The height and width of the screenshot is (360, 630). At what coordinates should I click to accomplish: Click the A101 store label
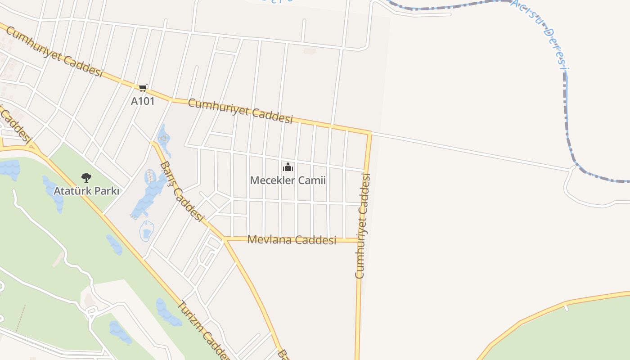(142, 101)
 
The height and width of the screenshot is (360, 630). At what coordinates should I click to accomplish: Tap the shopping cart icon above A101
(143, 88)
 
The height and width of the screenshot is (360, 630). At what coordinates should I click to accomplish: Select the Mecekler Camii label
(288, 180)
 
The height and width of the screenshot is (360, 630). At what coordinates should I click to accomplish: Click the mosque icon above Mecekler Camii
(288, 167)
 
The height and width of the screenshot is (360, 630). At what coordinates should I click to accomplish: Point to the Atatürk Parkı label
(86, 191)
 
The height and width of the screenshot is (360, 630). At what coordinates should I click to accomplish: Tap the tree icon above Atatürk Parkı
(86, 178)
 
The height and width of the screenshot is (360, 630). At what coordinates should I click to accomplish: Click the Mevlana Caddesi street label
(292, 239)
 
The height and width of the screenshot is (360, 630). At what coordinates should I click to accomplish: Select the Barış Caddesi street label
(181, 191)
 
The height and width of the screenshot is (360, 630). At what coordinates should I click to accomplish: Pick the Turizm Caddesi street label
(202, 328)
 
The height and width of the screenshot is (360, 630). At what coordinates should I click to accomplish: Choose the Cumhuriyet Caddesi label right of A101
(240, 111)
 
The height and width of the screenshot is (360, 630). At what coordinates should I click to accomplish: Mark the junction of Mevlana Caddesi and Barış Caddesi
(225, 239)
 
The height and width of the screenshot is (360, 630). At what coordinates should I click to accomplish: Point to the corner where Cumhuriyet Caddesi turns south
(369, 134)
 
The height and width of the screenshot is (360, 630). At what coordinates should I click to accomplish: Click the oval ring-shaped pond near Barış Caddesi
(147, 231)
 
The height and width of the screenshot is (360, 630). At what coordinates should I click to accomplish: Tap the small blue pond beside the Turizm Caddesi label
(168, 311)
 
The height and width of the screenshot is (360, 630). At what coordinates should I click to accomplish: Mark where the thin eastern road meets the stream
(574, 168)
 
